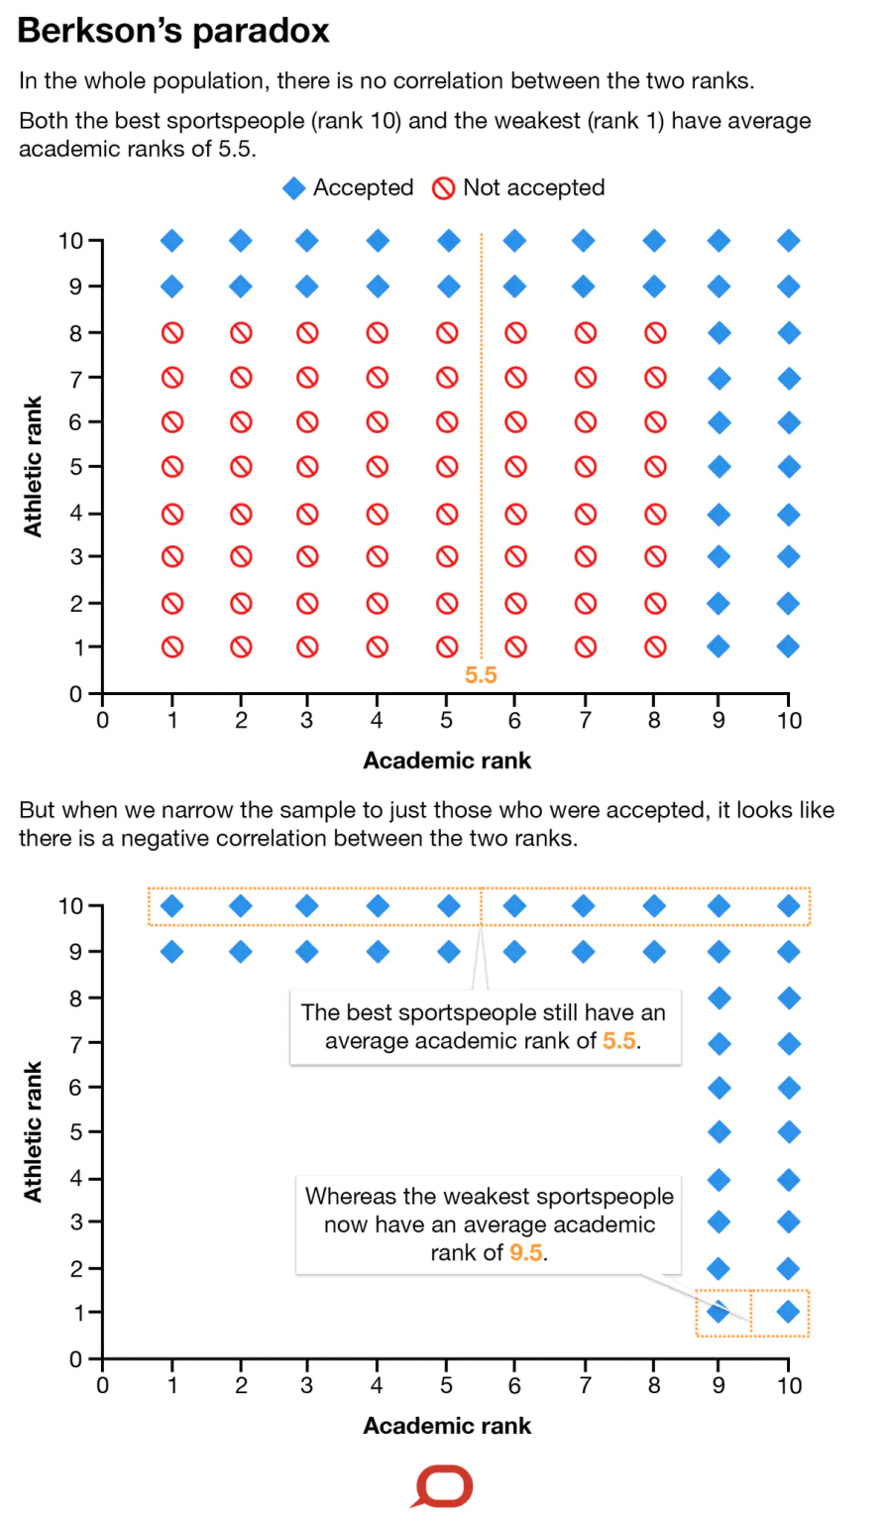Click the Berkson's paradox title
173,31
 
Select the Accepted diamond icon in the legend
294,188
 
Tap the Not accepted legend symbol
443,188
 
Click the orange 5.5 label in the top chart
481,675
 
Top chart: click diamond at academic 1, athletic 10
172,241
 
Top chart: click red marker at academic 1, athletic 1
172,647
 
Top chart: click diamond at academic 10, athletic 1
789,646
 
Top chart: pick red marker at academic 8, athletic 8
655,333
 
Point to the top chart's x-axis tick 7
585,721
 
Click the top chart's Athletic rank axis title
34,466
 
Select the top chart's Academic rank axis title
447,761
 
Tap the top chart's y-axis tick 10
69,241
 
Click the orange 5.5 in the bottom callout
618,1041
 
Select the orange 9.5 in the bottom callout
526,1252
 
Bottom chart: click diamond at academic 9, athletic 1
719,1312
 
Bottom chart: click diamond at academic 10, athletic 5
789,1131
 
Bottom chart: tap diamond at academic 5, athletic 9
449,952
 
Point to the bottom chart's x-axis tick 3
306,1385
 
